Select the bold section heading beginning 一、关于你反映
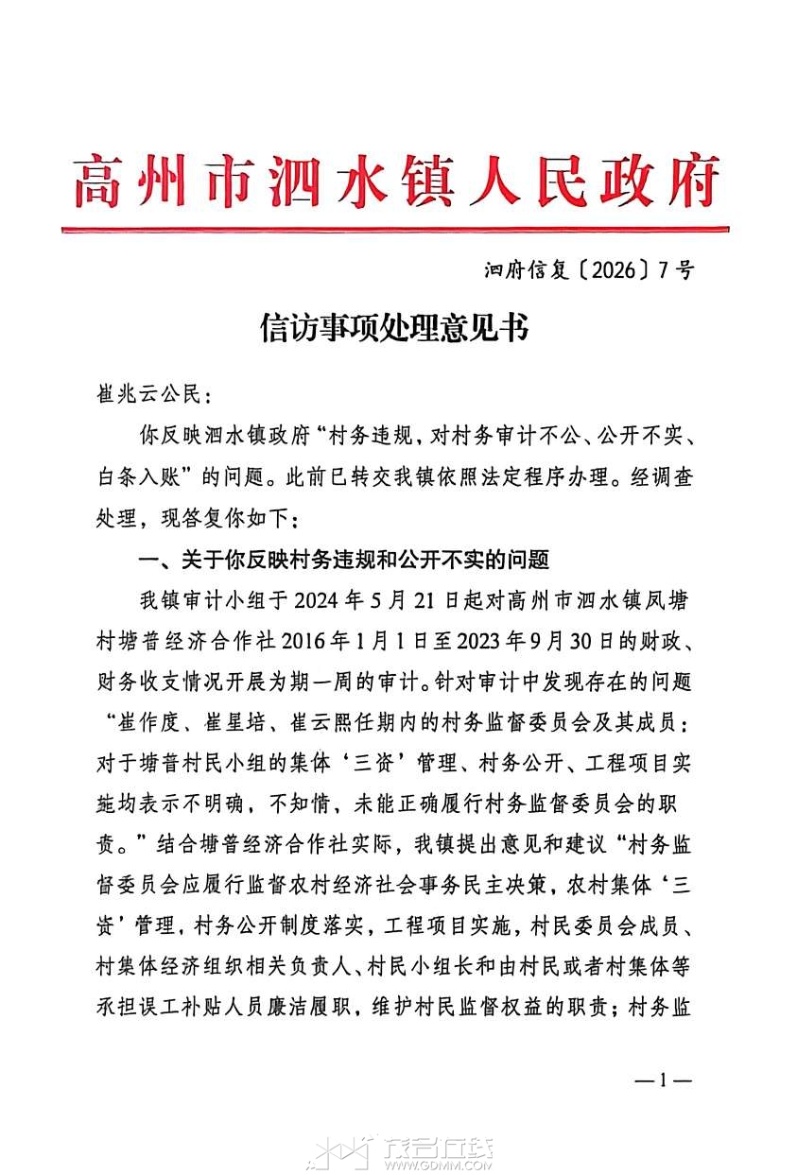[343, 561]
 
